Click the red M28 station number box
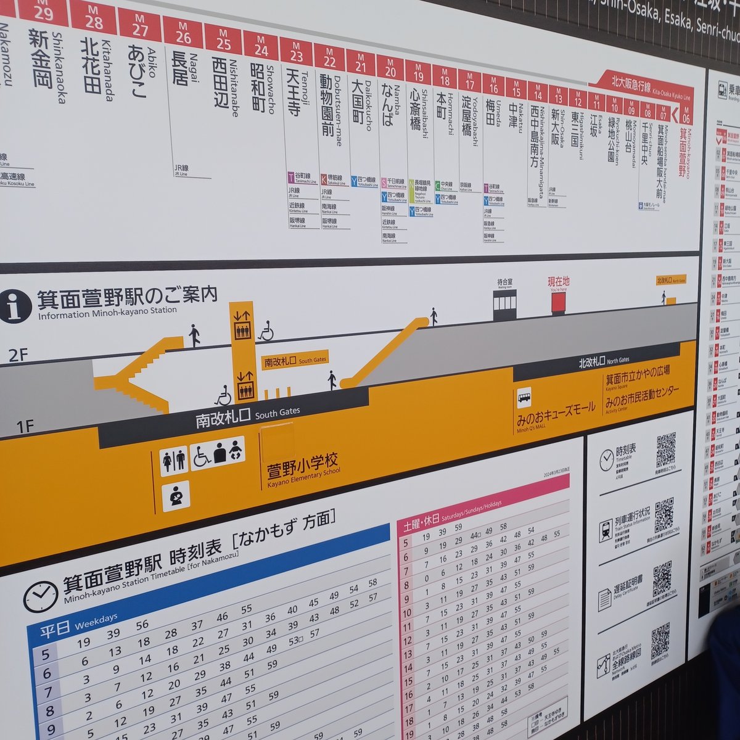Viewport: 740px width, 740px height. pyautogui.click(x=93, y=18)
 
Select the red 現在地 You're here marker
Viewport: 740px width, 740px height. pyautogui.click(x=559, y=302)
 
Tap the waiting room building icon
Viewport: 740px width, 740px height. pyautogui.click(x=504, y=302)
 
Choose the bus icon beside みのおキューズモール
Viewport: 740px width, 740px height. pyautogui.click(x=524, y=398)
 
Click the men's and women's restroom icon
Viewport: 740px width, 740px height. pyautogui.click(x=173, y=460)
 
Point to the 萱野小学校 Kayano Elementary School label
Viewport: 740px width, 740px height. pyautogui.click(x=302, y=469)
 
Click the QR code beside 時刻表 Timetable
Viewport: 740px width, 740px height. pyautogui.click(x=666, y=450)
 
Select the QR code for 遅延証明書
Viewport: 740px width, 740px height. pyautogui.click(x=662, y=579)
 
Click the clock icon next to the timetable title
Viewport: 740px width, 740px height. pyautogui.click(x=40, y=596)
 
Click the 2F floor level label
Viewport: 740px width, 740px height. pyautogui.click(x=18, y=355)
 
